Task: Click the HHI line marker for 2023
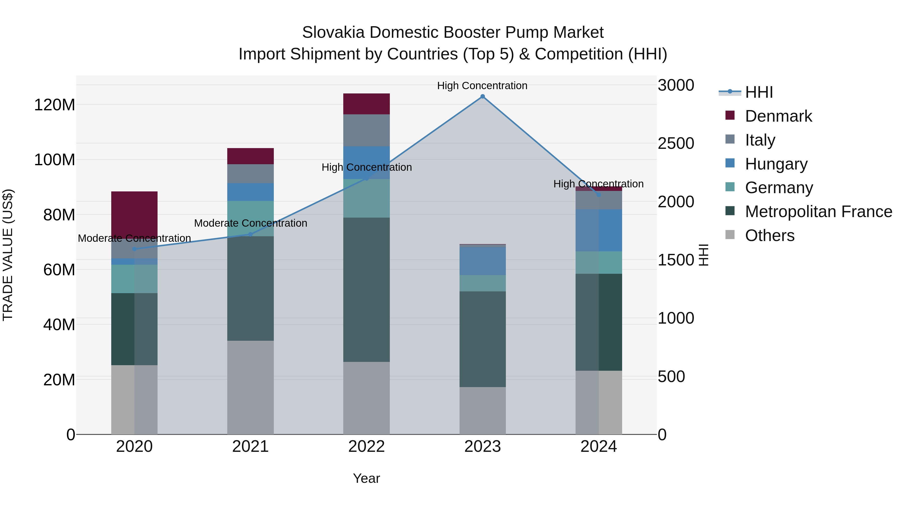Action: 482,96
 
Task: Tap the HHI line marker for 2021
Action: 250,234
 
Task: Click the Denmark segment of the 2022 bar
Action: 366,104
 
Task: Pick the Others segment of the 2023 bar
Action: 482,411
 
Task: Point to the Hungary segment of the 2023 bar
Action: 482,261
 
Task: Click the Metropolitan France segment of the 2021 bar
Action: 250,288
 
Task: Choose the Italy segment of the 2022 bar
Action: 366,130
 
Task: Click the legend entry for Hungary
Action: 776,164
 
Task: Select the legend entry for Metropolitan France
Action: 818,212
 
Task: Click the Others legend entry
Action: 770,235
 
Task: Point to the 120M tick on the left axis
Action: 55,105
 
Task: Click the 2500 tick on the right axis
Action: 676,143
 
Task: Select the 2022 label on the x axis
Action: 366,447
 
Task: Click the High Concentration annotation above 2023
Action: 482,86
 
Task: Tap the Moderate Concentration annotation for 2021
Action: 250,223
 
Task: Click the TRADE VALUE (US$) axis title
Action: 8,255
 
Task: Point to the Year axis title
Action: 366,478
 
